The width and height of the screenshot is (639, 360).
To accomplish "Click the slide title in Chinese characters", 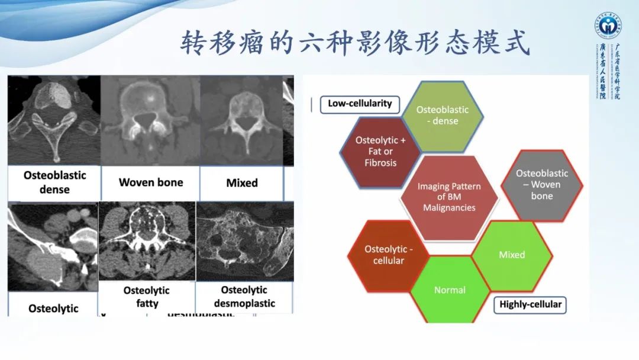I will pos(355,43).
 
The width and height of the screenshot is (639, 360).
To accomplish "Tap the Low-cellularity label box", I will pos(360,104).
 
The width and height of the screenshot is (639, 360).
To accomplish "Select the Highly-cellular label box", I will pos(530,305).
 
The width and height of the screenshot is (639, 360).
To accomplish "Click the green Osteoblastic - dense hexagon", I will pos(442,115).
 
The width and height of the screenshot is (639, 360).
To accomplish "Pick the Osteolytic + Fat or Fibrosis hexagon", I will pos(380,152).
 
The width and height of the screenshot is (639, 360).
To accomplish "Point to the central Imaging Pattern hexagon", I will pos(449,197).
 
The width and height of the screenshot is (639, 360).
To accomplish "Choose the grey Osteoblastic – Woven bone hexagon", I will pos(541,185).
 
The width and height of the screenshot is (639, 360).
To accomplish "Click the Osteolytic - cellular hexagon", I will pos(388,255).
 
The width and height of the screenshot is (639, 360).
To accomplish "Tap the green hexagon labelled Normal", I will pos(450,290).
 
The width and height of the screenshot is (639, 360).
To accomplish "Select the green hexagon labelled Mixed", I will pos(512,255).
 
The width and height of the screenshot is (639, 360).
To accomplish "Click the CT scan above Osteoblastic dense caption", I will pos(54,120).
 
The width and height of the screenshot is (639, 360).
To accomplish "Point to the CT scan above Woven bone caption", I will pos(150,121).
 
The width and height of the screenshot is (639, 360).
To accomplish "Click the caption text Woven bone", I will pos(151,182).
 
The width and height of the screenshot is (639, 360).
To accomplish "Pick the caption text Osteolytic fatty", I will pos(147,297).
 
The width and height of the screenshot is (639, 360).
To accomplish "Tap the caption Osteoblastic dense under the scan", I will pos(54,182).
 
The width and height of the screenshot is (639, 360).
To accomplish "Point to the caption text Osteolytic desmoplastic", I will pos(244,297).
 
